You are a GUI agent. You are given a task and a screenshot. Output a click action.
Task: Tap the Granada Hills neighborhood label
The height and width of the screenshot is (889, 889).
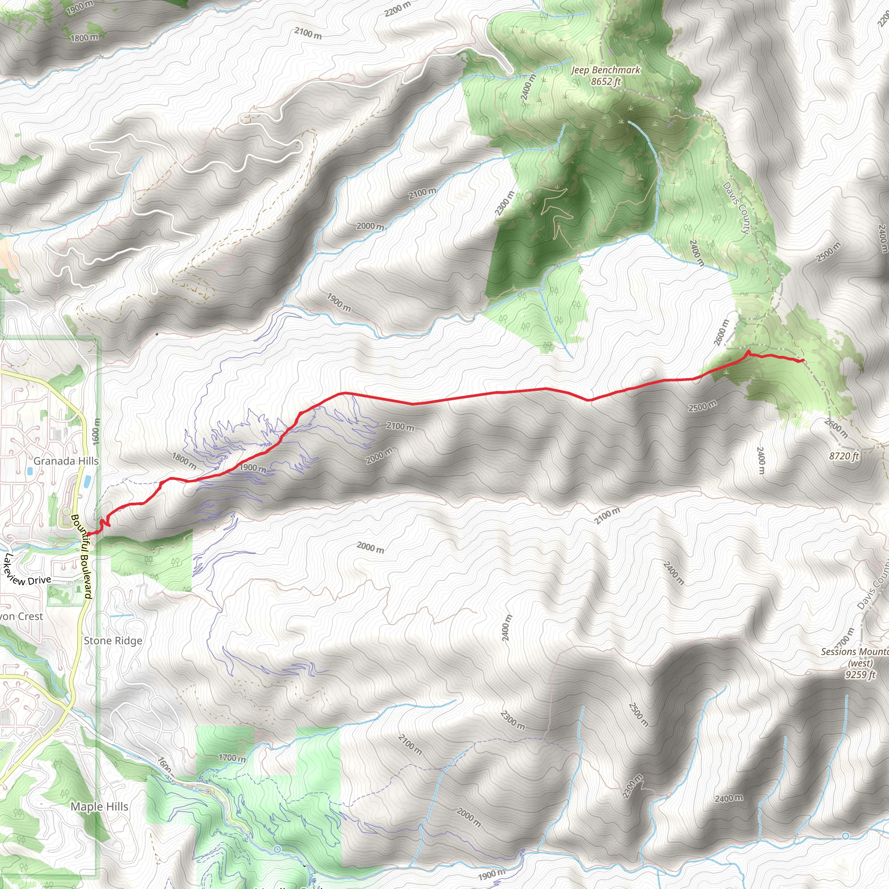click(x=66, y=461)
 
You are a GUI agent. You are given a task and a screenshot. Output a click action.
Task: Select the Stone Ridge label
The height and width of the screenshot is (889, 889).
click(x=113, y=641)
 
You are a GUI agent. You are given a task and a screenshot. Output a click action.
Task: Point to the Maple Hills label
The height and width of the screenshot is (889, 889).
click(x=99, y=807)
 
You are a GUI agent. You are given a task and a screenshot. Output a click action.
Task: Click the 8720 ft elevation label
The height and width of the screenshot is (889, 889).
click(x=844, y=456)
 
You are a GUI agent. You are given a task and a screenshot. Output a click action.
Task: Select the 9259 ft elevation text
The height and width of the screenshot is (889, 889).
click(x=860, y=675)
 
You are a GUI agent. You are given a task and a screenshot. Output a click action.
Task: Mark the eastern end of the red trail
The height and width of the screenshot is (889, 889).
click(x=803, y=360)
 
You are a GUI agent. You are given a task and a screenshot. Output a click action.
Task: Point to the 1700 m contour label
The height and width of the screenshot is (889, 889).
click(x=232, y=757)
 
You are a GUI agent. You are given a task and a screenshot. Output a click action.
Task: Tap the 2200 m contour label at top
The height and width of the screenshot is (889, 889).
click(x=398, y=9)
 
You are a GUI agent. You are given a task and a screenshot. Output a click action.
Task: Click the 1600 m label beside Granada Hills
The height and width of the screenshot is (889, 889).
click(x=95, y=431)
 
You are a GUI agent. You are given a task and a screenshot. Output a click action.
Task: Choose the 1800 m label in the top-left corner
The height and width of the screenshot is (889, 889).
click(x=84, y=37)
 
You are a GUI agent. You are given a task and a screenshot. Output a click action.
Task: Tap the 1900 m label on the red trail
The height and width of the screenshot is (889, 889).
click(x=253, y=468)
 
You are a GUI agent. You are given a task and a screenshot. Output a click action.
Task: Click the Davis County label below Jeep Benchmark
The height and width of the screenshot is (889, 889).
click(x=736, y=208)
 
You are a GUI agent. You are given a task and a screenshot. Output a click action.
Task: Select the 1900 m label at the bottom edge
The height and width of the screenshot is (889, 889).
click(x=491, y=874)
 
